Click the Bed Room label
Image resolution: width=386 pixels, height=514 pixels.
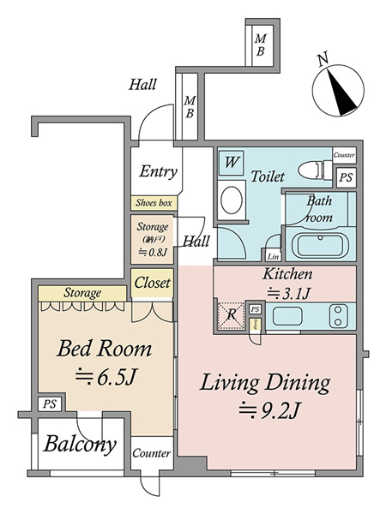point(105,349)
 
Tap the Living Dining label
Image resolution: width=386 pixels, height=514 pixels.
point(265,383)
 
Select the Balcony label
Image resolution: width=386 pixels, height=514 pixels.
point(80,444)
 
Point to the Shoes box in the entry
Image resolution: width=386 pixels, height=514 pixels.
point(154,203)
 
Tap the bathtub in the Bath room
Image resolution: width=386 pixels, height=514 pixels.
point(320,244)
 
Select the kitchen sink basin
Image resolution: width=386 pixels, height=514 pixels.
point(287,316)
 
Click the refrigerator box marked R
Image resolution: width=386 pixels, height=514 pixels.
point(232,315)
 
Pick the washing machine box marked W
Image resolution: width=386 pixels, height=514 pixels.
point(232,162)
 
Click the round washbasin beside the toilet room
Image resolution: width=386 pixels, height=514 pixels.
point(232,200)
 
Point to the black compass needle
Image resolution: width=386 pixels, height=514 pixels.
point(341,93)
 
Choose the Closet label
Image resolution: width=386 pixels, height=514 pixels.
point(153,283)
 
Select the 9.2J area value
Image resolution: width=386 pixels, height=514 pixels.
point(270,410)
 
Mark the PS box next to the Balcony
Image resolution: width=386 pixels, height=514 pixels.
point(50,404)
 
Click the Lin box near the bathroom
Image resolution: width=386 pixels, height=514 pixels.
point(273,256)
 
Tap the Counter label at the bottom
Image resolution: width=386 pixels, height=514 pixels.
point(152,453)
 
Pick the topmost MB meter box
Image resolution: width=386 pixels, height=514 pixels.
point(261,45)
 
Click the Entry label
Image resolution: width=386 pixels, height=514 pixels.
point(158,171)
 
